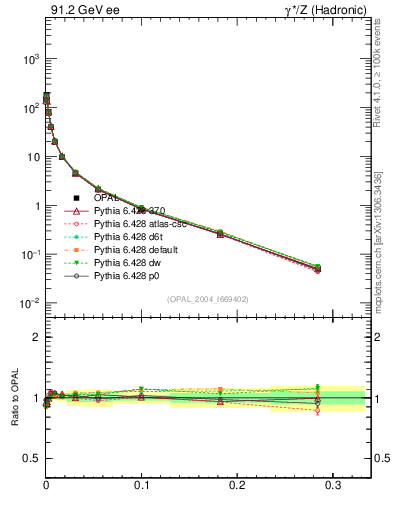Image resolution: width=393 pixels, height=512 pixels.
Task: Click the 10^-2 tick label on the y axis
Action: tap(27, 304)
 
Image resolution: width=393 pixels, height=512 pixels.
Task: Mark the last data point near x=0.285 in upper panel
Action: tap(318, 268)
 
